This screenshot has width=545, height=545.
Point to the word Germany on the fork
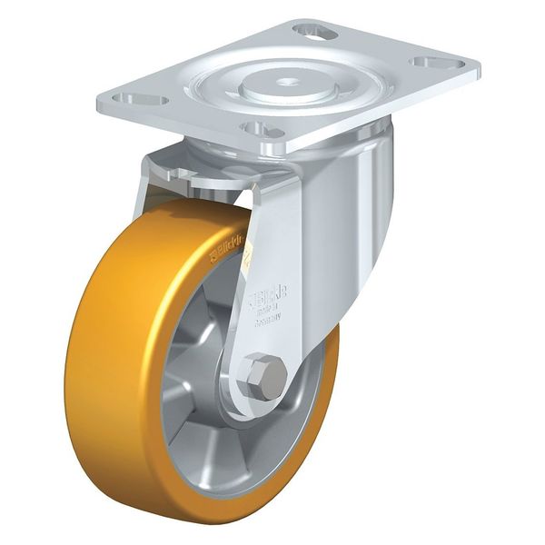pyautogui.click(x=266, y=320)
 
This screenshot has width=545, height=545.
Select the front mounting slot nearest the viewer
pyautogui.click(x=261, y=130)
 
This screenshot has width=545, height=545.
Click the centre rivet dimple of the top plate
pyautogui.click(x=290, y=82)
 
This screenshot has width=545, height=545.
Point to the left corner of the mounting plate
pyautogui.click(x=102, y=97)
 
